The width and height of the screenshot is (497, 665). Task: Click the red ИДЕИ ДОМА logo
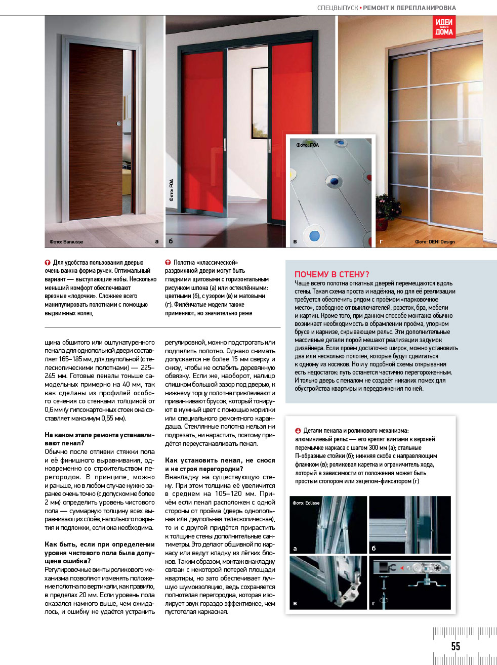click(x=444, y=27)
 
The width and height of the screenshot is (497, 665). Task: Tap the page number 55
click(x=455, y=646)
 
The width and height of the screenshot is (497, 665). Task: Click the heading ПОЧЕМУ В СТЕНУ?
click(x=332, y=274)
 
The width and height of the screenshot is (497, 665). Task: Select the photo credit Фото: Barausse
click(x=66, y=242)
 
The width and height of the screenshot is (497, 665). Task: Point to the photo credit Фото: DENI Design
click(x=435, y=242)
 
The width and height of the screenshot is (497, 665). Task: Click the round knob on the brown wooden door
click(x=119, y=123)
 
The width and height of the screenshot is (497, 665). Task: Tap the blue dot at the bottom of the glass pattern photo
click(x=314, y=235)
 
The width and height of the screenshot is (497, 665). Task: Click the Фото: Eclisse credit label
click(x=306, y=503)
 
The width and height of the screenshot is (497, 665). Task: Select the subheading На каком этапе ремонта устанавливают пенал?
click(x=99, y=439)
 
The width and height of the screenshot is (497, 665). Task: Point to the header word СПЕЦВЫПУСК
click(x=337, y=8)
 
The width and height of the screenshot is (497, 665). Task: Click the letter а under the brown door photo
click(x=157, y=241)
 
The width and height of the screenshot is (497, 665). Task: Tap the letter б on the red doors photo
click(x=171, y=241)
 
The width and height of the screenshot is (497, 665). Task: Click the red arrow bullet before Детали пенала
click(x=298, y=431)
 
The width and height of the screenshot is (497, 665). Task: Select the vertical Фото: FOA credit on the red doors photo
click(x=172, y=190)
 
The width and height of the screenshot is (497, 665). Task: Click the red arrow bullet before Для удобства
click(x=48, y=263)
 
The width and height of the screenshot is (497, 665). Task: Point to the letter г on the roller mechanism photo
click(x=374, y=603)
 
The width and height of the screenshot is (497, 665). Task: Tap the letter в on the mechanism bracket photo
click(x=295, y=603)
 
